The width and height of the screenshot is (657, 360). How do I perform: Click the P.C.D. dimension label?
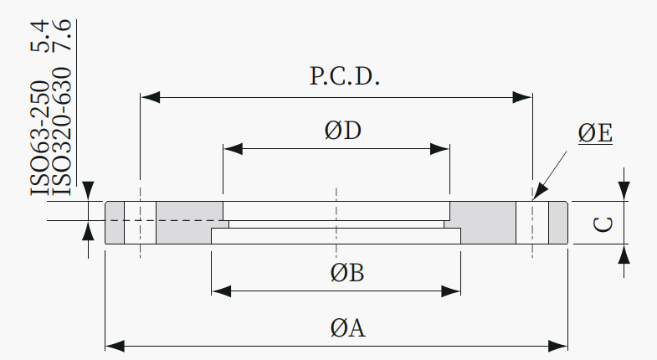pos(345,76)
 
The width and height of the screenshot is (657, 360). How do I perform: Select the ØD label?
pos(343,131)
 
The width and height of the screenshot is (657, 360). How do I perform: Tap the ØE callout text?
pos(595,133)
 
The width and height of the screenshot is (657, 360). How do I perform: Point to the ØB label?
pos(347,272)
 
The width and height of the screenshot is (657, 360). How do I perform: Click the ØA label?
pos(347,327)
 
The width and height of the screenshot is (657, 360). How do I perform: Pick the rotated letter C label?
pos(603,224)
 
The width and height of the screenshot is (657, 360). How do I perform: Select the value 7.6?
pos(61,36)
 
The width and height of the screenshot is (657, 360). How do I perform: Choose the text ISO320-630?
pos(61,131)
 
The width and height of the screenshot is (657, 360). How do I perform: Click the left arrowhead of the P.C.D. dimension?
pos(150,97)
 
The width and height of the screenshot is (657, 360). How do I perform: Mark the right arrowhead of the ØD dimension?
pos(440,149)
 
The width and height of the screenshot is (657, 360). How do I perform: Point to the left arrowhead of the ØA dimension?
pos(115,346)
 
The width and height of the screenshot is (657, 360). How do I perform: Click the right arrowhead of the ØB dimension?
pos(451,291)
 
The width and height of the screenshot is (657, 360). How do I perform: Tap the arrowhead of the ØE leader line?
pos(540,192)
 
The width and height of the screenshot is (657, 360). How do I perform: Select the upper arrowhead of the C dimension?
pos(624,191)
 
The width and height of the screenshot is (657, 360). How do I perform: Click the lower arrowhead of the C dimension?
pos(624,254)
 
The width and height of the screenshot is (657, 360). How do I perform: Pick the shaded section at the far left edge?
pos(115,223)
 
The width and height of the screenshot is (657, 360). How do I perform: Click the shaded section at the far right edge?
pos(558,223)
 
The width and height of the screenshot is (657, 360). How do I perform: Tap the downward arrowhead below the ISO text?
pos(88,191)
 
